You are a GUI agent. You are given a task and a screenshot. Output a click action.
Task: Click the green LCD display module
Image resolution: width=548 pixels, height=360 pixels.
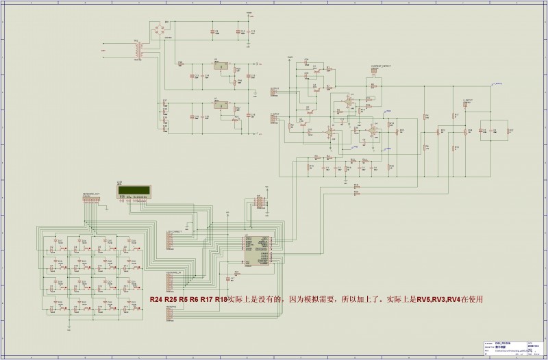coord(133,193)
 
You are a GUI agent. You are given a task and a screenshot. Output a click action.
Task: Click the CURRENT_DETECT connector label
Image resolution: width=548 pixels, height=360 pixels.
coord(381,66)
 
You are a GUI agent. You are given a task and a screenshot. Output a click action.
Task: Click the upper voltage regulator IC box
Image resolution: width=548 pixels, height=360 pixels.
coord(221,66)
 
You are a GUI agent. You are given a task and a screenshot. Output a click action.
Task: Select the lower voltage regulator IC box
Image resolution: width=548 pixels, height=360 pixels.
coord(221,106)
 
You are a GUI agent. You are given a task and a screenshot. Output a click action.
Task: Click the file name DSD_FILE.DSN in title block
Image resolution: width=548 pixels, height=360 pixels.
coord(492,344)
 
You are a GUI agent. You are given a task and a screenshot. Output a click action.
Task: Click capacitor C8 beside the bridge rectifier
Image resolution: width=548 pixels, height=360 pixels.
coord(214,31)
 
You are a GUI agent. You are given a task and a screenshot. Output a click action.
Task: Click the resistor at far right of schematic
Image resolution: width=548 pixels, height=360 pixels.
coord(506,129)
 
